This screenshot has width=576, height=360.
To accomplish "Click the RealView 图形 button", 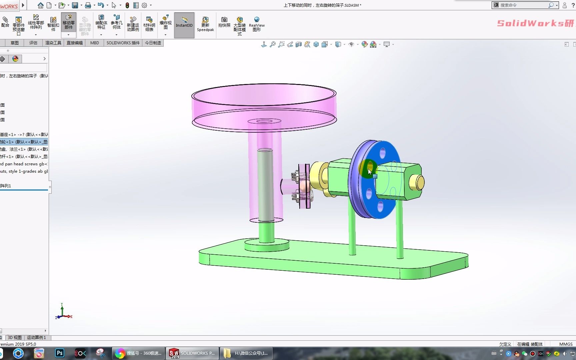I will (257, 24).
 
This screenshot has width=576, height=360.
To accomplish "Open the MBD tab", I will (94, 43).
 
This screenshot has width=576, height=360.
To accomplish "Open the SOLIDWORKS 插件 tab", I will (123, 43).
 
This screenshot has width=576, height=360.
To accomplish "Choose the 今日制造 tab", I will (153, 43).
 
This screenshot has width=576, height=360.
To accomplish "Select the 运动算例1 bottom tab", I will (36, 337).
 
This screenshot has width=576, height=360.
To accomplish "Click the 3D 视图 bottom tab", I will (15, 337).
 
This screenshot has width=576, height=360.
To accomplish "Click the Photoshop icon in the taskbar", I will (60, 353).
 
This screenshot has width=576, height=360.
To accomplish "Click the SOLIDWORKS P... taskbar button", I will (192, 353).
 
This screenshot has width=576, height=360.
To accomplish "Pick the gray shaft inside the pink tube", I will (265, 187).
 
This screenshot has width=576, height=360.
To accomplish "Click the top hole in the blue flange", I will (383, 153).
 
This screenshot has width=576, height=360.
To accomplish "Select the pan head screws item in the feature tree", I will (24, 164).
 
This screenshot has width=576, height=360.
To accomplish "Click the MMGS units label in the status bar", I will (566, 344).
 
